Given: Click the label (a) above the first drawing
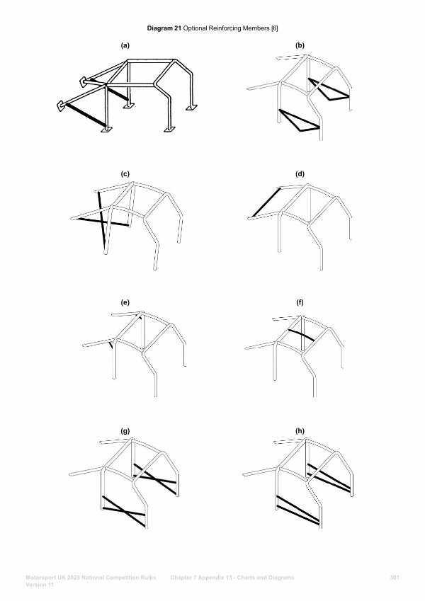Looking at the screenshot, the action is pyautogui.click(x=125, y=45).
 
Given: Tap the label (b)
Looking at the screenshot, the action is pyautogui.click(x=300, y=45).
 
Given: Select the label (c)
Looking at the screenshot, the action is pyautogui.click(x=125, y=174).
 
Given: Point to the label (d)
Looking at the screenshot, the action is pyautogui.click(x=300, y=174).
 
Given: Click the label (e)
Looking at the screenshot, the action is pyautogui.click(x=125, y=302).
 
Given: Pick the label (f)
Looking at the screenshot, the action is pyautogui.click(x=300, y=302).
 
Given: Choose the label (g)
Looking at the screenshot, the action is pyautogui.click(x=125, y=431).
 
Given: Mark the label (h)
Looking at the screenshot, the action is pyautogui.click(x=300, y=431).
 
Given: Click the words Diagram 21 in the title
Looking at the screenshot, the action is pyautogui.click(x=164, y=28).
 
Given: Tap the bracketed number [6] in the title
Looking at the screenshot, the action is pyautogui.click(x=275, y=28).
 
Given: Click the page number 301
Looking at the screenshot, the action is pyautogui.click(x=395, y=578).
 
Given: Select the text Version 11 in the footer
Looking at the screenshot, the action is pyautogui.click(x=40, y=585).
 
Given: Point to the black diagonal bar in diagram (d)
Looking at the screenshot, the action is pyautogui.click(x=266, y=202).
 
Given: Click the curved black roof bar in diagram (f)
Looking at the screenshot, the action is pyautogui.click(x=302, y=334).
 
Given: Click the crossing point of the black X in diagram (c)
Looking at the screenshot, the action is pyautogui.click(x=102, y=221).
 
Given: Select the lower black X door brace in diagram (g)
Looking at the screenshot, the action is pyautogui.click(x=124, y=511).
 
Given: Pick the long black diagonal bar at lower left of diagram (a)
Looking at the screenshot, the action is pyautogui.click(x=86, y=115).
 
